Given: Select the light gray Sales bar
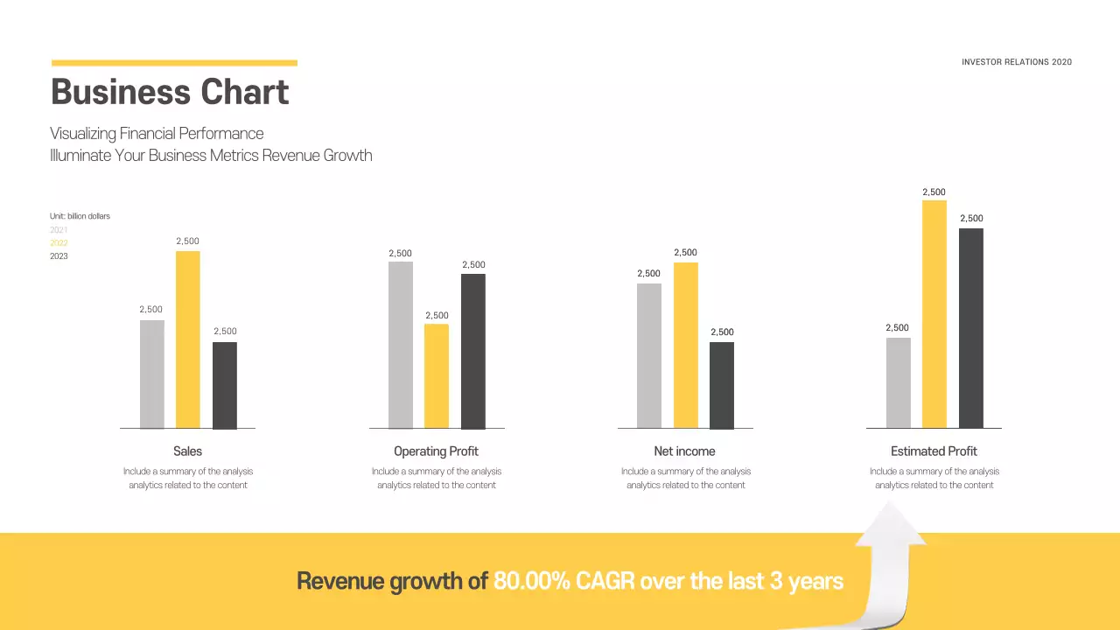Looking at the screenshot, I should coord(151,374).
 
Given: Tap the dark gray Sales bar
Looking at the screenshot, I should coord(225,385).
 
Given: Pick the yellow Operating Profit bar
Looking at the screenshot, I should coord(437,376).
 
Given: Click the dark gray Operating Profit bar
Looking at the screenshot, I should coord(473,351).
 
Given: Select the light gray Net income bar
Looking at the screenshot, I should coord(649,355).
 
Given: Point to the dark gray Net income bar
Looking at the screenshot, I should coord(722,385).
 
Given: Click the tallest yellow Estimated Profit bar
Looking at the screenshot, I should coord(934,314).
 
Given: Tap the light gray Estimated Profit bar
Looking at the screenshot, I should coord(898,382).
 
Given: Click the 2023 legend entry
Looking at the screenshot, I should coord(59,256).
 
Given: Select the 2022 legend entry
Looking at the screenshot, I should coord(59,243).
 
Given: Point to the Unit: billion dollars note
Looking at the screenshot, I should coord(80,216).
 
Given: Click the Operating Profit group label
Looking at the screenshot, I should coord(436,451).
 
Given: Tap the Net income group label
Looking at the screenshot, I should coord(684,451).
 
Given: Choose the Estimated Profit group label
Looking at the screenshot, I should coord(934,451).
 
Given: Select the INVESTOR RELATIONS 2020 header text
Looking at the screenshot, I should coord(1016,62).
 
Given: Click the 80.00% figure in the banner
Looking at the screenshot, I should coord(532,581).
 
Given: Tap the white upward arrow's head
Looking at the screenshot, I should coord(891,527).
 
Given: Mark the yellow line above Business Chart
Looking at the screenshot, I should coord(174,63).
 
